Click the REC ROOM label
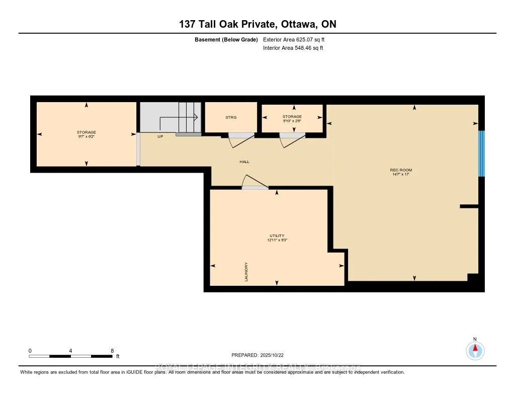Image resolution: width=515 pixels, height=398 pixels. (x=401, y=170)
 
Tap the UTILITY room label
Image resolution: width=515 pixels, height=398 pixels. (x=277, y=235)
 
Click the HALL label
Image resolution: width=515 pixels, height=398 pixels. (x=244, y=162)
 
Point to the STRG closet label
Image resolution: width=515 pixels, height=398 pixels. (x=230, y=117)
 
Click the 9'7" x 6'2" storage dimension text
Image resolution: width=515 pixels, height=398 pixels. (x=87, y=136)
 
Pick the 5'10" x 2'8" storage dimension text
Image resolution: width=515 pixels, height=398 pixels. (x=292, y=121)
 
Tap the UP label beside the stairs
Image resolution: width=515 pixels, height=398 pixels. (x=160, y=136)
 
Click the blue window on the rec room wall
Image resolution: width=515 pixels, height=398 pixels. (x=481, y=153)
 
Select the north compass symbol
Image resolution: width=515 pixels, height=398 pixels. (x=475, y=349)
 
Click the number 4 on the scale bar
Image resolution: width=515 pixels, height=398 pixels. (x=71, y=351)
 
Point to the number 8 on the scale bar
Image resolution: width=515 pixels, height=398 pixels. (x=112, y=351)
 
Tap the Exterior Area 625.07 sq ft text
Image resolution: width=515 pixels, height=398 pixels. (x=297, y=39)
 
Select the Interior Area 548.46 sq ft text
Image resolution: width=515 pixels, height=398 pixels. (x=293, y=48)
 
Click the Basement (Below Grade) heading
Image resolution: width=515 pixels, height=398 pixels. (x=226, y=39)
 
